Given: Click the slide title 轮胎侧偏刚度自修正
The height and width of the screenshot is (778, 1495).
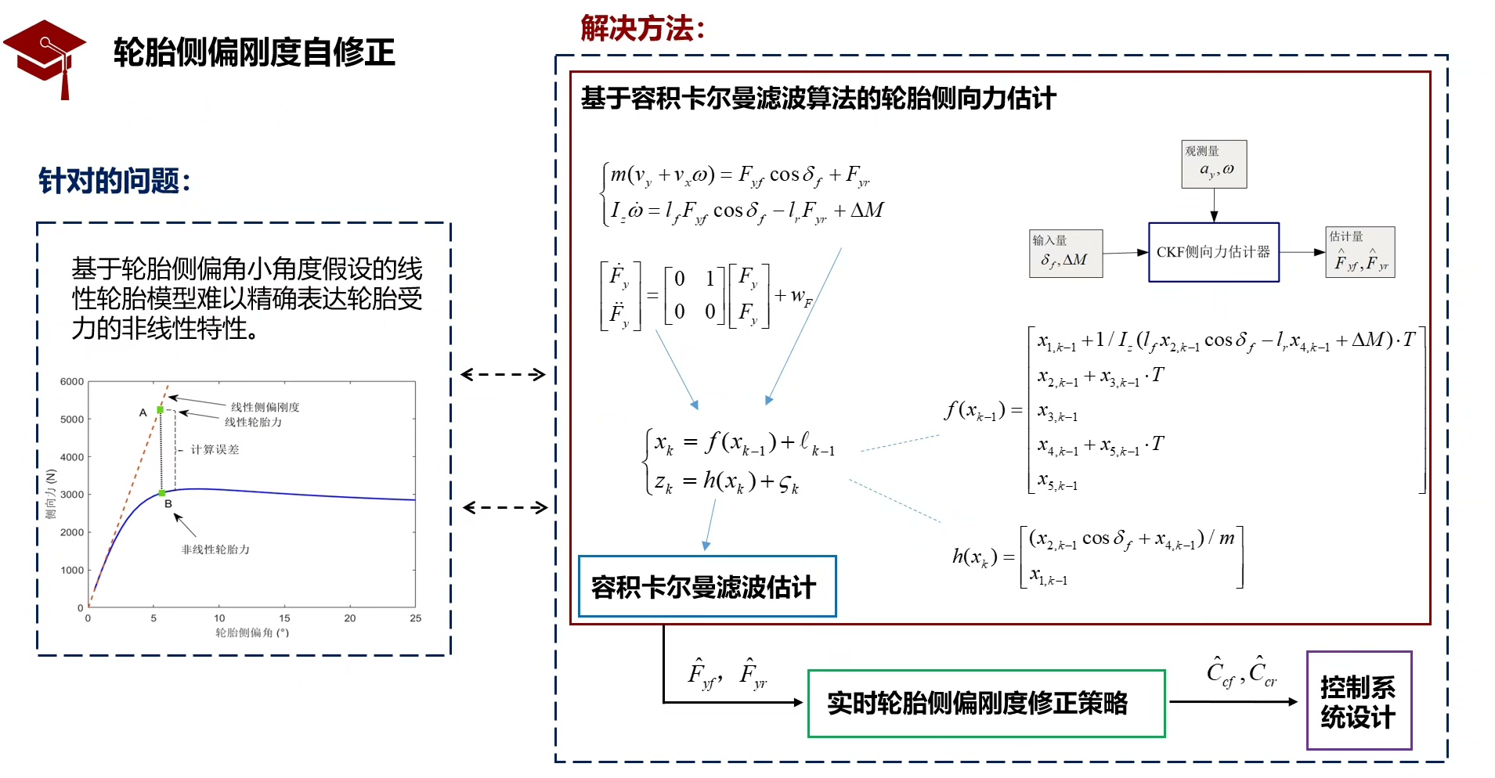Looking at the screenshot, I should [255, 52].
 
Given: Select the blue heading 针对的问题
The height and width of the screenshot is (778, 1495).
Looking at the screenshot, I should [114, 181].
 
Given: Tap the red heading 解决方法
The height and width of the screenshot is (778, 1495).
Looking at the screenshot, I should [642, 29].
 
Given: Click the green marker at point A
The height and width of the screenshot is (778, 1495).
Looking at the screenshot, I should [161, 409].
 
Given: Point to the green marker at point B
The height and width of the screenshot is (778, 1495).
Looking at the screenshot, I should [162, 493].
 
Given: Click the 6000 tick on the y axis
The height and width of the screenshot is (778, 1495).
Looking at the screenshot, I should [72, 382].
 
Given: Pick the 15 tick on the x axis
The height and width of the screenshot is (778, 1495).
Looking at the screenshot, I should [284, 618].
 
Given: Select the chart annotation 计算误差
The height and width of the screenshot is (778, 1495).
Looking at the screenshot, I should [215, 449].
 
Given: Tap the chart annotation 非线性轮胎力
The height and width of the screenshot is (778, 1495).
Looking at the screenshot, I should [215, 549].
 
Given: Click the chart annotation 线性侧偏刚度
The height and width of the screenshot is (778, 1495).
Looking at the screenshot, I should [265, 407].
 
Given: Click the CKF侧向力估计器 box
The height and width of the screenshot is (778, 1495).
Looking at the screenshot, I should [1213, 252].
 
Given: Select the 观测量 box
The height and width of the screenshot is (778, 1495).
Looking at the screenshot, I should [1214, 164].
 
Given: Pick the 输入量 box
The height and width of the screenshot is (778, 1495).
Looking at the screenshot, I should [1065, 254].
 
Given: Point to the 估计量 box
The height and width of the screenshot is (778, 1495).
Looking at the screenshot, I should [1360, 252].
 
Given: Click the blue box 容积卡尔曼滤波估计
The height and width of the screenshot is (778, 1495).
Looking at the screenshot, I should [706, 587].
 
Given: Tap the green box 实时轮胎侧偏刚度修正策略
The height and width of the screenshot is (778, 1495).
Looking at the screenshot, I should [986, 703].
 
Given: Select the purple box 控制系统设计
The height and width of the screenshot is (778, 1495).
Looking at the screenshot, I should [1358, 701].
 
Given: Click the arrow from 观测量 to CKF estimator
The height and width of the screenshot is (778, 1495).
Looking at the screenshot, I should [1214, 205].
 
